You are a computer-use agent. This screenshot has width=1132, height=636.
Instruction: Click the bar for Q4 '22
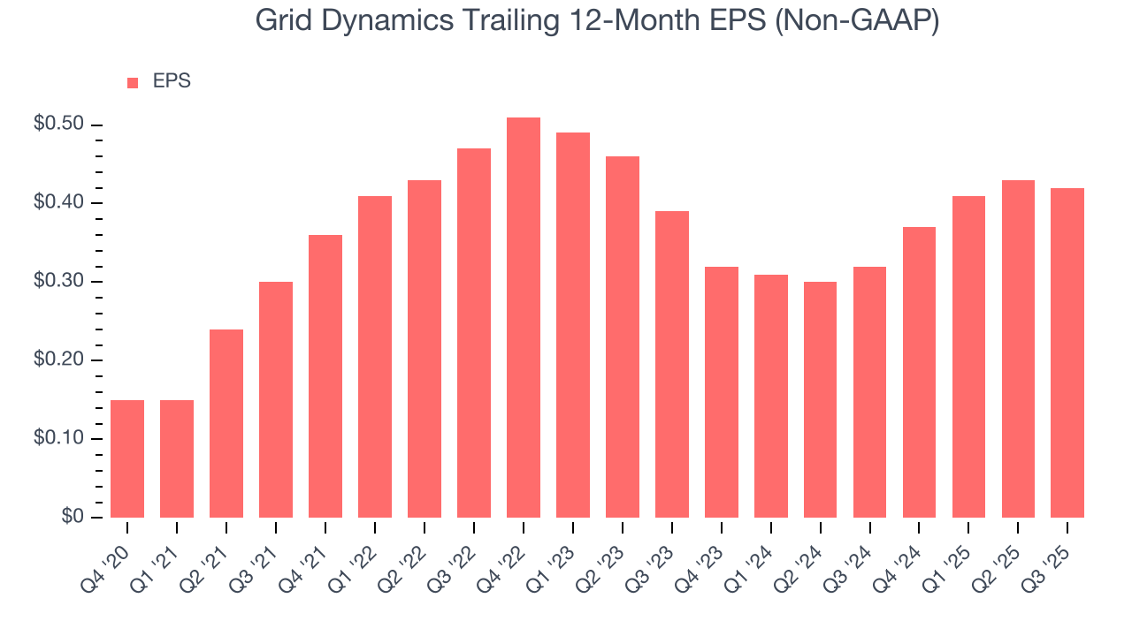(x=524, y=317)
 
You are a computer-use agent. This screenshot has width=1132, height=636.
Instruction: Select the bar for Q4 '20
(x=127, y=458)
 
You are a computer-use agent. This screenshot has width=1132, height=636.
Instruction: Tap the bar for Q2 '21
(x=226, y=423)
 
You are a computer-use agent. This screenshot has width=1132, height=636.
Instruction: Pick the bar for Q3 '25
(x=1067, y=352)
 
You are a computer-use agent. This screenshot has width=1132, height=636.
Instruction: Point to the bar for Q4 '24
(x=919, y=372)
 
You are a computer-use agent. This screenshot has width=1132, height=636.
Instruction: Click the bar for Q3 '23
(x=672, y=364)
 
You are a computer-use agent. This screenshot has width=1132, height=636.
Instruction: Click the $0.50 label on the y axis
(x=58, y=125)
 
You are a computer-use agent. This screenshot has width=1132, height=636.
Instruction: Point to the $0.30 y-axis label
(x=58, y=282)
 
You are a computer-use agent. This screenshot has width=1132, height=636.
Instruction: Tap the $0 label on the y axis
(x=73, y=517)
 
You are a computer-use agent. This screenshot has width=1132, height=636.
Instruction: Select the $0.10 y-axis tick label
(x=58, y=439)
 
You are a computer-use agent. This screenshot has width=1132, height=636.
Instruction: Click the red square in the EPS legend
(x=133, y=82)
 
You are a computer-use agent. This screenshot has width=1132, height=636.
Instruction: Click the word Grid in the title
(x=279, y=20)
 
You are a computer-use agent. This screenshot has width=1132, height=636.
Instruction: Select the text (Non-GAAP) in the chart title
(x=856, y=20)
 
